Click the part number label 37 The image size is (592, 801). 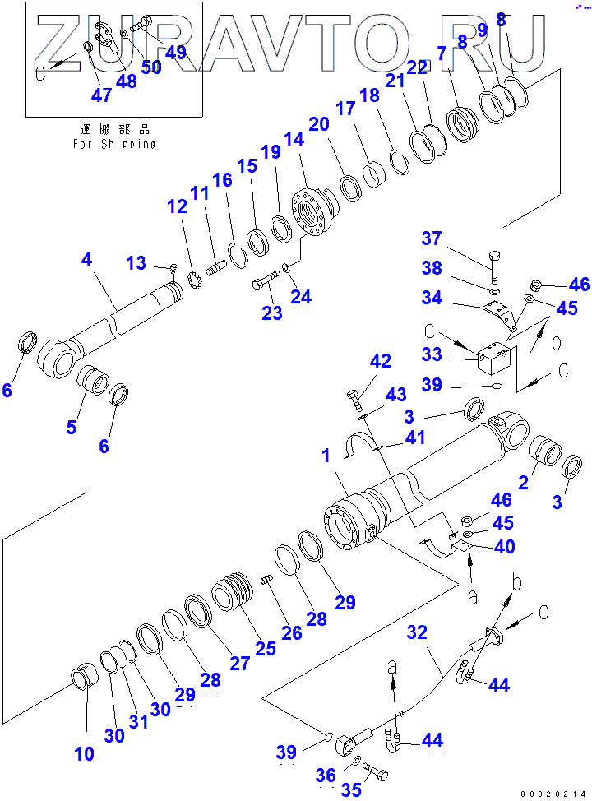pyautogui.click(x=432, y=238)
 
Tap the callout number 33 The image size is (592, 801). pyautogui.click(x=432, y=356)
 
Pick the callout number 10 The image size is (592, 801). pyautogui.click(x=84, y=753)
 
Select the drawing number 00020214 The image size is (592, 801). pyautogui.click(x=554, y=794)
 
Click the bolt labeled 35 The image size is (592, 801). pyautogui.click(x=373, y=773)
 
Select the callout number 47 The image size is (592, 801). pyautogui.click(x=101, y=95)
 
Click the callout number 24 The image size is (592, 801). pyautogui.click(x=302, y=296)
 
